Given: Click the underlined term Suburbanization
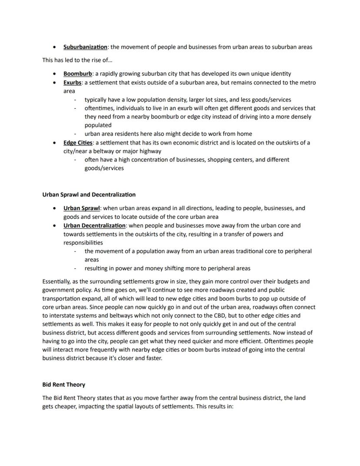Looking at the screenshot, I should pyautogui.click(x=85, y=47).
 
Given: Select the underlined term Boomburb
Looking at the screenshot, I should pyautogui.click(x=77, y=74).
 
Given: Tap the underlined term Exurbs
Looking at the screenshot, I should pyautogui.click(x=73, y=82).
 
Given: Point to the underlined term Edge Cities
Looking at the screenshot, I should pyautogui.click(x=78, y=143).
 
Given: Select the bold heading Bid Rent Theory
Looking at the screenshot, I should pyautogui.click(x=63, y=385).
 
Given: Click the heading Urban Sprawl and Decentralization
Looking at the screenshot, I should pyautogui.click(x=89, y=194).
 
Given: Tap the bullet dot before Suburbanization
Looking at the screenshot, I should pyautogui.click(x=53, y=47).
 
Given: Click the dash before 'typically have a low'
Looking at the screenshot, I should pyautogui.click(x=75, y=100).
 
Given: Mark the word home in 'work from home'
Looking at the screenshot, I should pyautogui.click(x=244, y=134).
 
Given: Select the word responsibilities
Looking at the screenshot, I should pyautogui.click(x=83, y=243).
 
